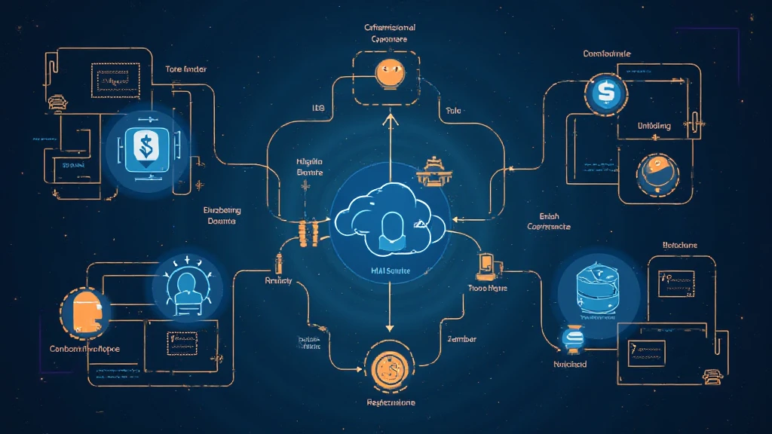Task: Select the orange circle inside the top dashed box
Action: (389, 72)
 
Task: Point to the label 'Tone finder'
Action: (186, 69)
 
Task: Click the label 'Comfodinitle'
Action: (607, 53)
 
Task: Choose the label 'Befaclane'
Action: (680, 245)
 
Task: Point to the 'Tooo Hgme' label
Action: (488, 289)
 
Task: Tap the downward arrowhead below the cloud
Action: (389, 328)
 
